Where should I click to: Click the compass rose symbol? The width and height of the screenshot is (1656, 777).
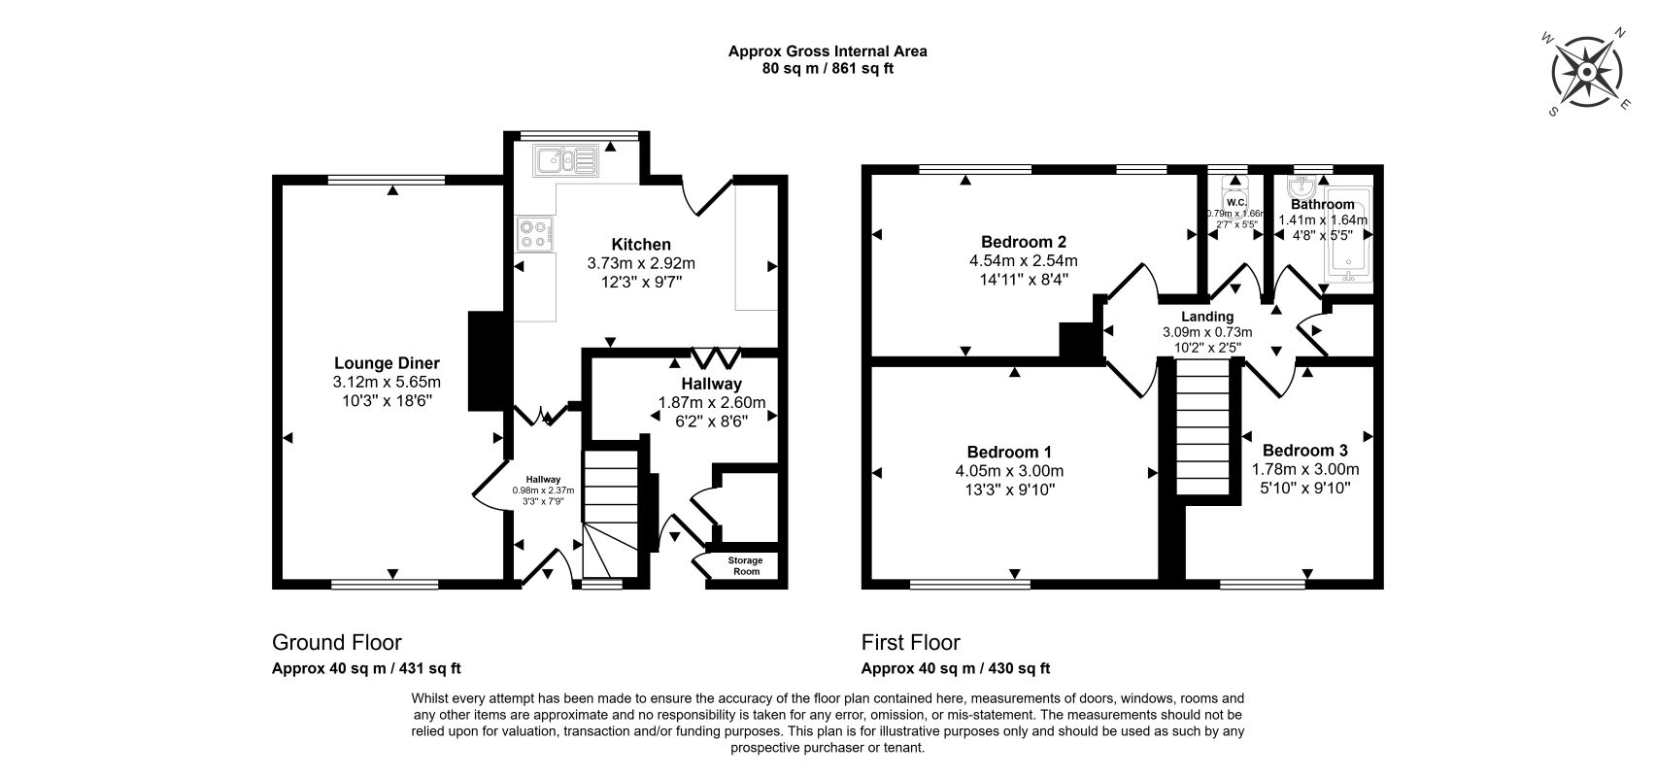(1587, 72)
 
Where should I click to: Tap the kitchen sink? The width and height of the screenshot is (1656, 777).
(565, 160)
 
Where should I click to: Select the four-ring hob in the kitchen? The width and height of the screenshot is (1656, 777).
(534, 233)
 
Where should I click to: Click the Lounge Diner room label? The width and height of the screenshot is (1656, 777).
(387, 363)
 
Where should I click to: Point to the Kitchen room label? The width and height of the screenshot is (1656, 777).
(641, 244)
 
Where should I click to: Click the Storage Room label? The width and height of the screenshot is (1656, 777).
(745, 565)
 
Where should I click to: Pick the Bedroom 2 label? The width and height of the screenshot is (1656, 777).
(1023, 242)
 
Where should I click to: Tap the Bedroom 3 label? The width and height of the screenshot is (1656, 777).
(1304, 451)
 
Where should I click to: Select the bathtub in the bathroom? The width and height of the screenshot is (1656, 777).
(1348, 235)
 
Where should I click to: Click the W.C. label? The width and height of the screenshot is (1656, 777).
(1236, 203)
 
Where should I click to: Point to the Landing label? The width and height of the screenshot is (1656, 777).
(1207, 317)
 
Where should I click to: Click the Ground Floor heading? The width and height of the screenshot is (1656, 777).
(336, 642)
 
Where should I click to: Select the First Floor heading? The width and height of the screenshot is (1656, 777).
(911, 642)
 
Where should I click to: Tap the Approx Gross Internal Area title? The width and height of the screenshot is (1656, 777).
(828, 51)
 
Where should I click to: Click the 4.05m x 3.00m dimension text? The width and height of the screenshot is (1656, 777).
(1009, 471)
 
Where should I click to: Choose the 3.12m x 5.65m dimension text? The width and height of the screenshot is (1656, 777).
(387, 383)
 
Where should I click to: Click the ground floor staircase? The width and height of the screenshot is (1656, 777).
(610, 514)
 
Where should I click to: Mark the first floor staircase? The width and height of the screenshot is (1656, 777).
(1202, 427)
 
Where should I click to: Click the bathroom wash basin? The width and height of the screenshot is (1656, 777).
(1301, 185)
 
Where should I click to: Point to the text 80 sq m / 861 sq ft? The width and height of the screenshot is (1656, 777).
(828, 69)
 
